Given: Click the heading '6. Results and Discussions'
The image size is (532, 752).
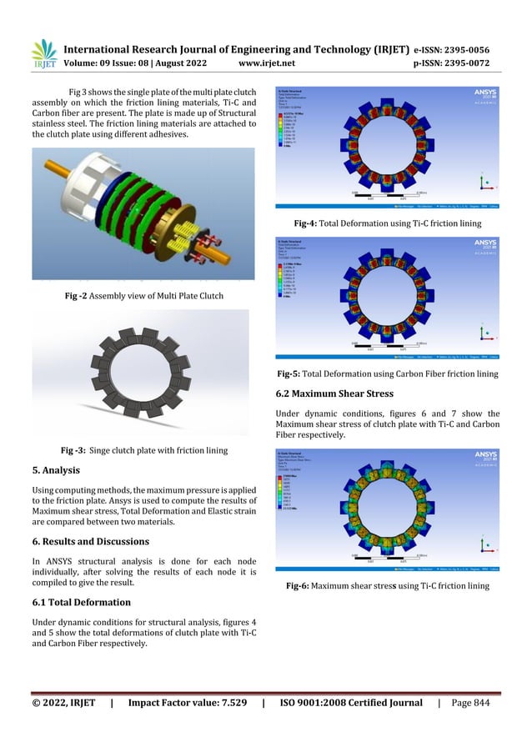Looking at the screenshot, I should tap(90, 541).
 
